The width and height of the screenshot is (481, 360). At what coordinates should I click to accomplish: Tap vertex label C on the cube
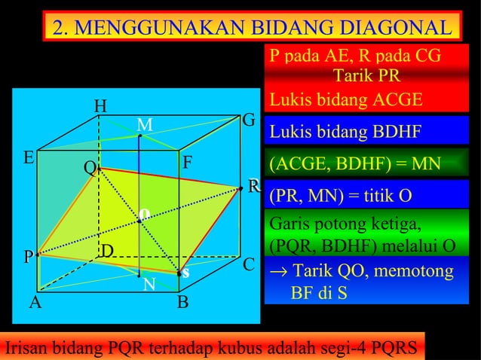(x=248, y=265)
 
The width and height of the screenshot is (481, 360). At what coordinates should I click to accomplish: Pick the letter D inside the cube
(x=107, y=250)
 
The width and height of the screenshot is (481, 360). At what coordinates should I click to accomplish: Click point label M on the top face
(x=145, y=124)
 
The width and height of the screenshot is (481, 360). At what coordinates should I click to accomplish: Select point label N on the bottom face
(x=149, y=285)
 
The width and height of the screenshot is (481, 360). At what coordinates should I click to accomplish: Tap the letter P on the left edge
(x=28, y=258)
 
